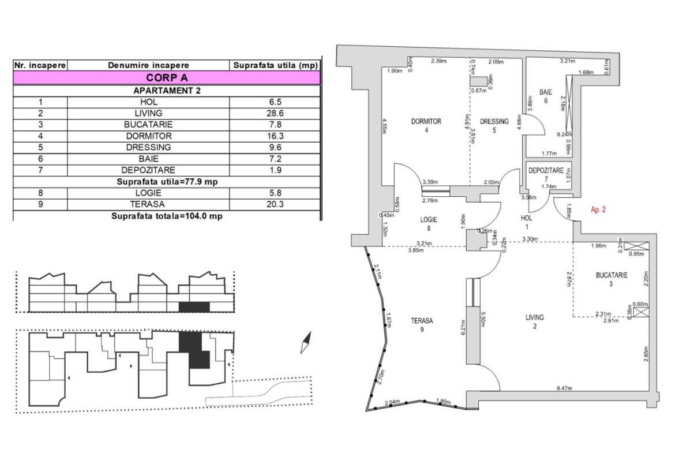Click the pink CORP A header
pyautogui.click(x=167, y=77)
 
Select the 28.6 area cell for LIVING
pyautogui.click(x=275, y=113)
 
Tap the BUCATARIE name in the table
pyautogui.click(x=148, y=124)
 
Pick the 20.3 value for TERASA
pyautogui.click(x=275, y=204)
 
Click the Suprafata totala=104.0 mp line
pyautogui.click(x=167, y=216)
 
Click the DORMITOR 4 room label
pyautogui.click(x=426, y=125)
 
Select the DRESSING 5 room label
pyautogui.click(x=494, y=125)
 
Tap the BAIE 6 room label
pyautogui.click(x=546, y=96)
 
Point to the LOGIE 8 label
pyautogui.click(x=429, y=223)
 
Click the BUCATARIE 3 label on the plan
pyautogui.click(x=612, y=279)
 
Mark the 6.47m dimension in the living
pyautogui.click(x=564, y=388)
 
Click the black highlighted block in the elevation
pyautogui.click(x=193, y=306)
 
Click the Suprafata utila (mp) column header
pyautogui.click(x=275, y=66)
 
